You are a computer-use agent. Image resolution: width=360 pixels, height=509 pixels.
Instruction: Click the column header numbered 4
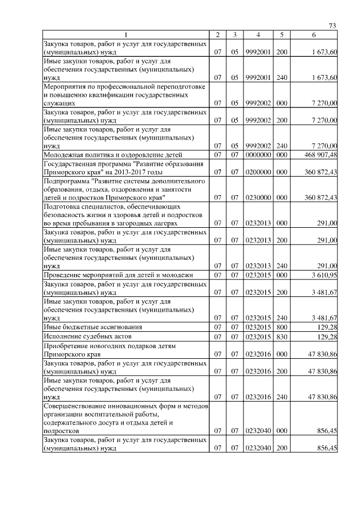pos(258,35)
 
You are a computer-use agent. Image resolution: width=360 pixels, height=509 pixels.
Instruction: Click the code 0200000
pos(258,171)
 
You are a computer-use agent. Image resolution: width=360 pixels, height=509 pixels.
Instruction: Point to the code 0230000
pos(258,198)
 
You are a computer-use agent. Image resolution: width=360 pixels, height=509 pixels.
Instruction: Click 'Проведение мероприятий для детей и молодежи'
pos(118,274)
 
